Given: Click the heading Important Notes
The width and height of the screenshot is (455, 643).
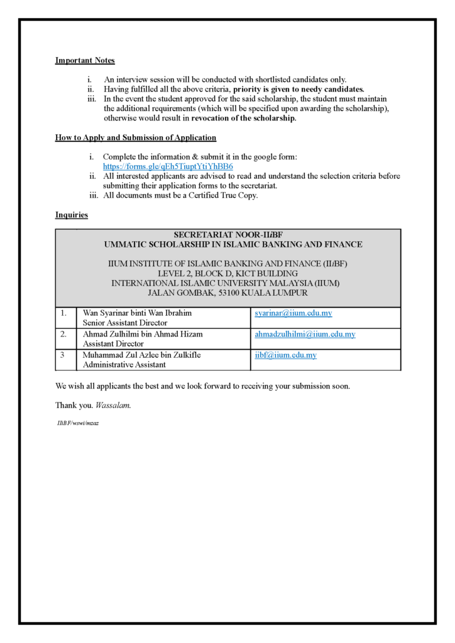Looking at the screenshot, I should (x=85, y=61).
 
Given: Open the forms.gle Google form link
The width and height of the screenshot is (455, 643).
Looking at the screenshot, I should (x=168, y=166).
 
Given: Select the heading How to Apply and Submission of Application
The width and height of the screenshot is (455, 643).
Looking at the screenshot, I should (x=135, y=138).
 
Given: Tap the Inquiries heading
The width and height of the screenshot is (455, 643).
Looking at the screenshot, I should (x=71, y=215).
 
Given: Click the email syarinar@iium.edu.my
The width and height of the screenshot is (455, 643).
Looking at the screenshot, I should (x=293, y=313).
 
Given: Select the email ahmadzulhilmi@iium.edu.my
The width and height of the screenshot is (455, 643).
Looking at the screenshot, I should (x=305, y=334).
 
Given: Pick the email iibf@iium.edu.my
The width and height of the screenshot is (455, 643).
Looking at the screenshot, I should (x=285, y=355).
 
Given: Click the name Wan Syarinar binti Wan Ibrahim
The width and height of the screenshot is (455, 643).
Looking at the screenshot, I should (x=137, y=313).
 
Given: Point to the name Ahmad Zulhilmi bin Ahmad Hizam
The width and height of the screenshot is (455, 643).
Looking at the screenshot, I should (x=143, y=334).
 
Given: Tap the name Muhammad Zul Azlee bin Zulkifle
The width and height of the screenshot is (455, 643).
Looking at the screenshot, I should (x=141, y=355).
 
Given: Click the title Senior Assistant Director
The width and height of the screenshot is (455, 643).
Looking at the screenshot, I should (x=125, y=323).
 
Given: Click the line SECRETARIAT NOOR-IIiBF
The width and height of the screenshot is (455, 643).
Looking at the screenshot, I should (x=227, y=235).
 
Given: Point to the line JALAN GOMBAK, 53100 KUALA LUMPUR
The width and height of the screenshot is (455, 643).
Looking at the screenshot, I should (x=227, y=293).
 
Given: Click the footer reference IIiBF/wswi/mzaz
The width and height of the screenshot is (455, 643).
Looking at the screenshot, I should (x=78, y=423).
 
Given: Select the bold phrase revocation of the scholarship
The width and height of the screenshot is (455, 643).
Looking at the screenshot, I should (x=243, y=118).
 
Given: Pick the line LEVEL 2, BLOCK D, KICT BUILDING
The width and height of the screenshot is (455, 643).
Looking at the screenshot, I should (x=227, y=274).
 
